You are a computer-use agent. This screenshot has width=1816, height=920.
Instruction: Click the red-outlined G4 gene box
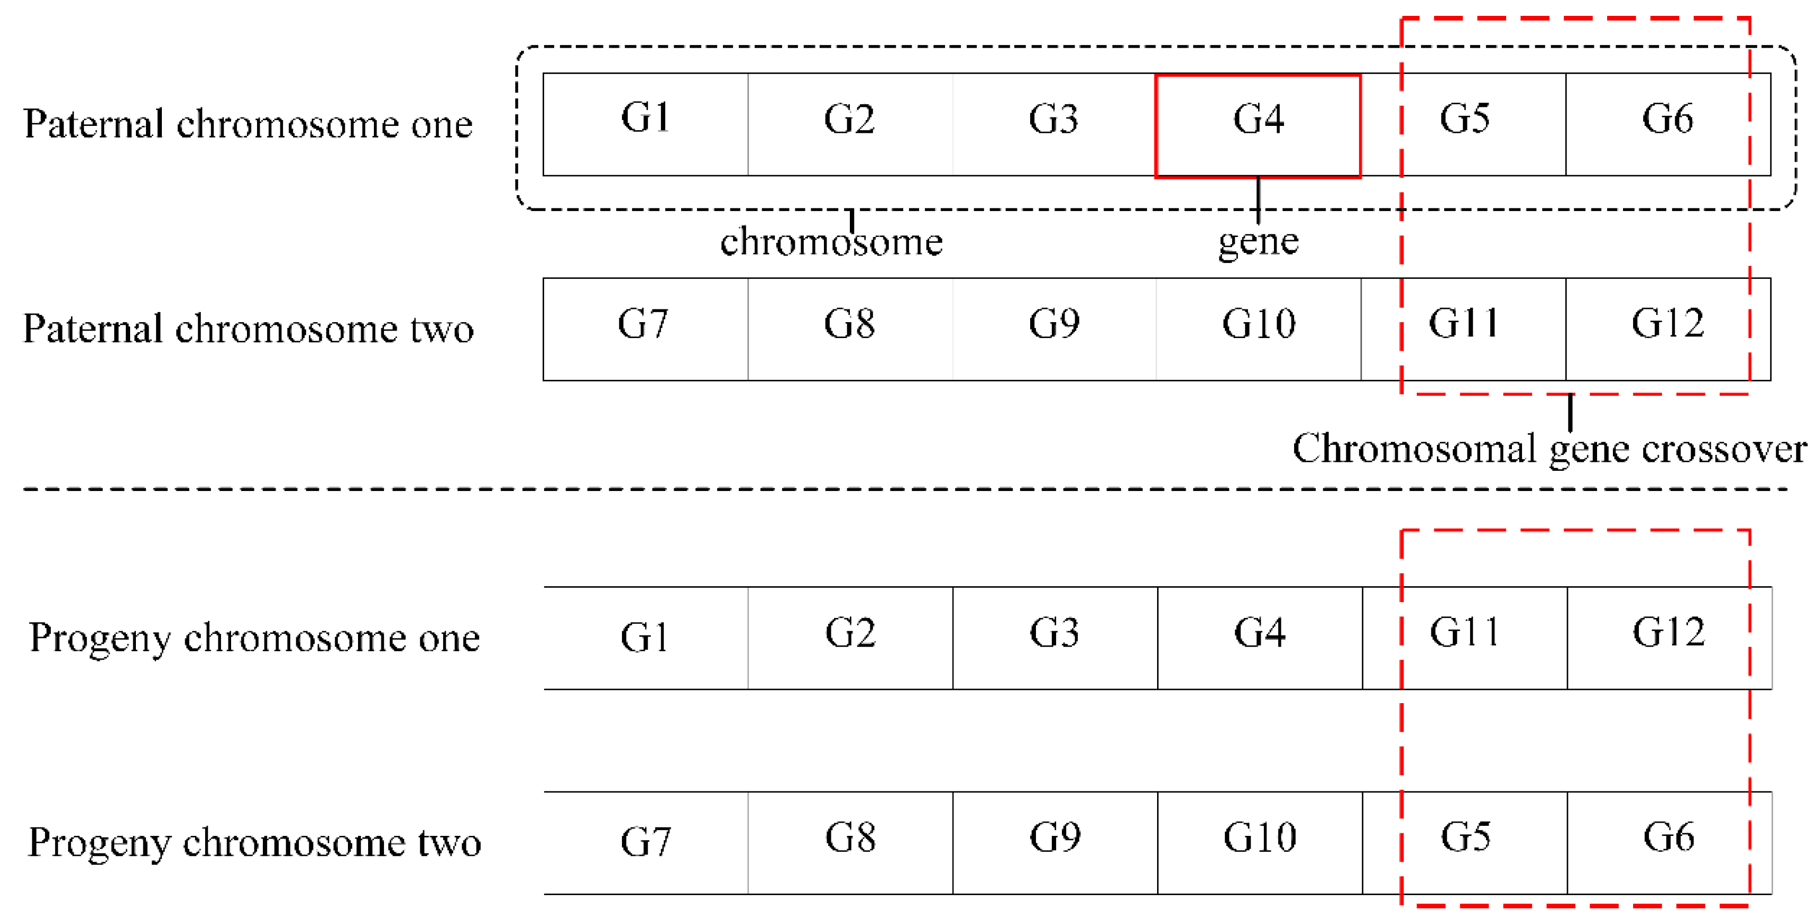point(1258,125)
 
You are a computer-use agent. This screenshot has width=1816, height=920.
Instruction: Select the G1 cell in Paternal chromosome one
point(645,124)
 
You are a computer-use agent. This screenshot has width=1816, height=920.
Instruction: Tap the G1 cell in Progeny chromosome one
point(645,637)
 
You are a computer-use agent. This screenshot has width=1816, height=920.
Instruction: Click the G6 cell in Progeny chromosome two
point(1668,842)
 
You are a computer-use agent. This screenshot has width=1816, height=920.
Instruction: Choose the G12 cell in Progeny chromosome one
point(1668,637)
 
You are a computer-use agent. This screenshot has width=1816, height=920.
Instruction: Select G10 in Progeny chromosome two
point(1259,842)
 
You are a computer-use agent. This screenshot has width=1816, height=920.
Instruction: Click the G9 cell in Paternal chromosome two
point(1054,329)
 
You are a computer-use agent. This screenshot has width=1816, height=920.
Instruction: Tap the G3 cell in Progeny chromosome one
point(1054,637)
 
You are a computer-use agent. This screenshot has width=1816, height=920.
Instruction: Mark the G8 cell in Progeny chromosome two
point(850,842)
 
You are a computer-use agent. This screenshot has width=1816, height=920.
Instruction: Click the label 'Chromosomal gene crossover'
point(1549,449)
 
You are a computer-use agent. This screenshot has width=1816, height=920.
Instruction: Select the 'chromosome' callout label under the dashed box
point(831,242)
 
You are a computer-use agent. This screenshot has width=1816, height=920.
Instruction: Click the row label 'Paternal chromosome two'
point(248,329)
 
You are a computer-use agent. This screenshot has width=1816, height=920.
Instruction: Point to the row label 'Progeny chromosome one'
point(254,638)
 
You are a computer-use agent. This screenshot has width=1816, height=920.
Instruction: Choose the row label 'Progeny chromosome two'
point(254,842)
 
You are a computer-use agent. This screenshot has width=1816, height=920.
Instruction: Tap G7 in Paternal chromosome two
point(644,329)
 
